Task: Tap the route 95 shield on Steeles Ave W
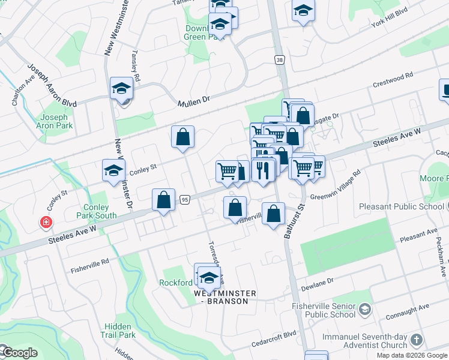pyautogui.click(x=184, y=199)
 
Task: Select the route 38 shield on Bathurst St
pyautogui.click(x=280, y=59)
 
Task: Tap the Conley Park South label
pyautogui.click(x=96, y=211)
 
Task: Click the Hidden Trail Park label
pyautogui.click(x=119, y=331)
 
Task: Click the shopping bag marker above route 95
pyautogui.click(x=163, y=200)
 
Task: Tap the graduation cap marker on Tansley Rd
pyautogui.click(x=121, y=89)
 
